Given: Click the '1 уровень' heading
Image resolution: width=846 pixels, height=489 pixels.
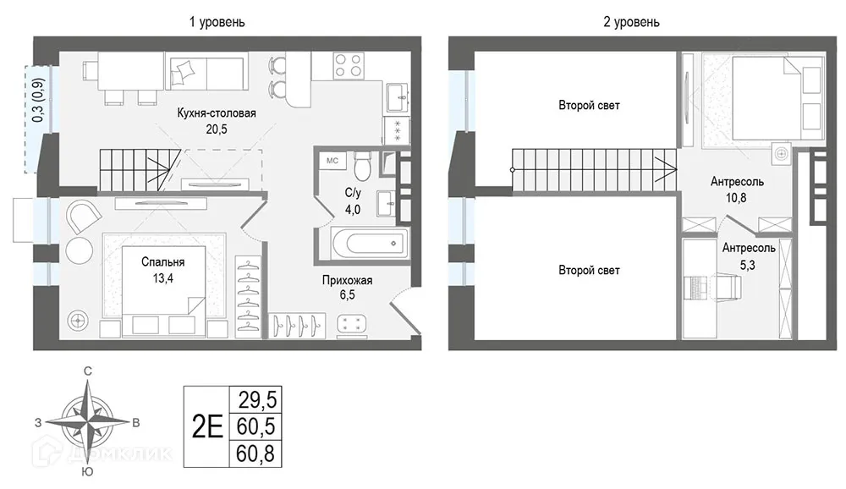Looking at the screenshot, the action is [x=217, y=22].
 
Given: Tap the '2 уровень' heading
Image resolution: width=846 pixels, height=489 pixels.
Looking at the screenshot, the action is [x=631, y=22].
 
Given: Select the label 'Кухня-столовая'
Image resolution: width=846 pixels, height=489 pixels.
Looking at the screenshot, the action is [x=217, y=113].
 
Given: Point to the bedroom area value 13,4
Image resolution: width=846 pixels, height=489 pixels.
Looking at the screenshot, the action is [x=163, y=278].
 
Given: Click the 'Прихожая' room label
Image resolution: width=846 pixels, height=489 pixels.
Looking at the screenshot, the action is [x=347, y=280].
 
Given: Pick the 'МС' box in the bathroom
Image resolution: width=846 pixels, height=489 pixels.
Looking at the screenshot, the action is [x=332, y=161].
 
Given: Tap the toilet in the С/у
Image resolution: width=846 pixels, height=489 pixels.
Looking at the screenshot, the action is [x=362, y=165].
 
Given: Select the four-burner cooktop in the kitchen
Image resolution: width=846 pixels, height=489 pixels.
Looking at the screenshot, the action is [x=348, y=66].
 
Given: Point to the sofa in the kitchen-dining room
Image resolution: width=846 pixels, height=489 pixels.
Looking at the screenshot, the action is [x=206, y=71].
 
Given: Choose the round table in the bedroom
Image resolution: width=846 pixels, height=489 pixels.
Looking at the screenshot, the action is [x=80, y=250].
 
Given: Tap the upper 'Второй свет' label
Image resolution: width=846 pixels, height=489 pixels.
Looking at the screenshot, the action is [x=589, y=105].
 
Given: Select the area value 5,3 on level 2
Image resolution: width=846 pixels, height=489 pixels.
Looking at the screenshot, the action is [x=748, y=265].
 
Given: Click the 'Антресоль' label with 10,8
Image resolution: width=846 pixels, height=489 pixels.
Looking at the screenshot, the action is [x=737, y=181].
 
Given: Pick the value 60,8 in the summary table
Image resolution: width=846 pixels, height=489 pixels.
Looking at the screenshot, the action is [x=255, y=454].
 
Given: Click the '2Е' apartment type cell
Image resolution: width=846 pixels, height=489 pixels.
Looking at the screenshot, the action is [x=207, y=427].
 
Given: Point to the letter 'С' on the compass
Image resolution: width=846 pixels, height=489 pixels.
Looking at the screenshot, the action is [x=87, y=371].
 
